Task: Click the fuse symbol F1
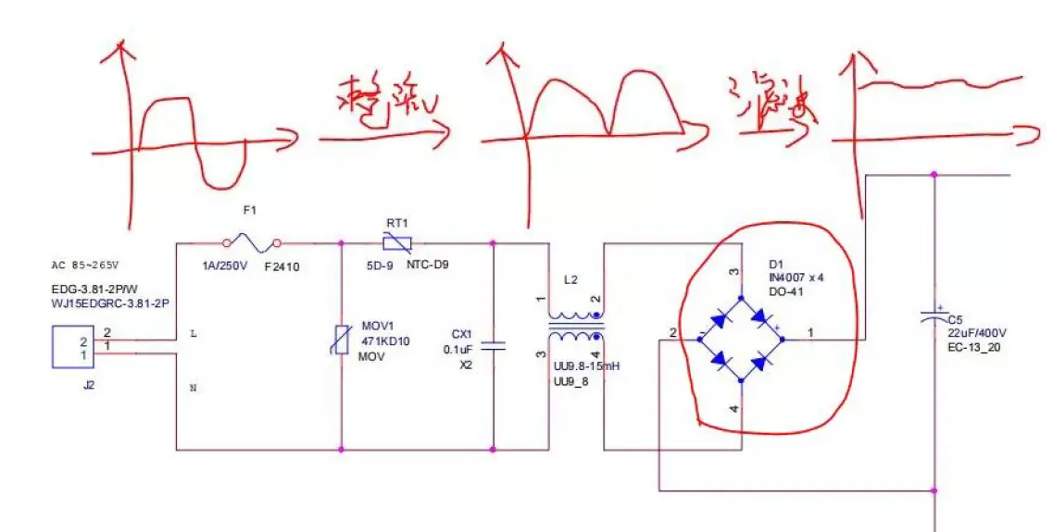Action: click(x=252, y=243)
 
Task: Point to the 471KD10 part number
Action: click(x=385, y=341)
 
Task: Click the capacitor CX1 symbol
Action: click(x=494, y=347)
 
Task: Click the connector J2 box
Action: click(x=82, y=347)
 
